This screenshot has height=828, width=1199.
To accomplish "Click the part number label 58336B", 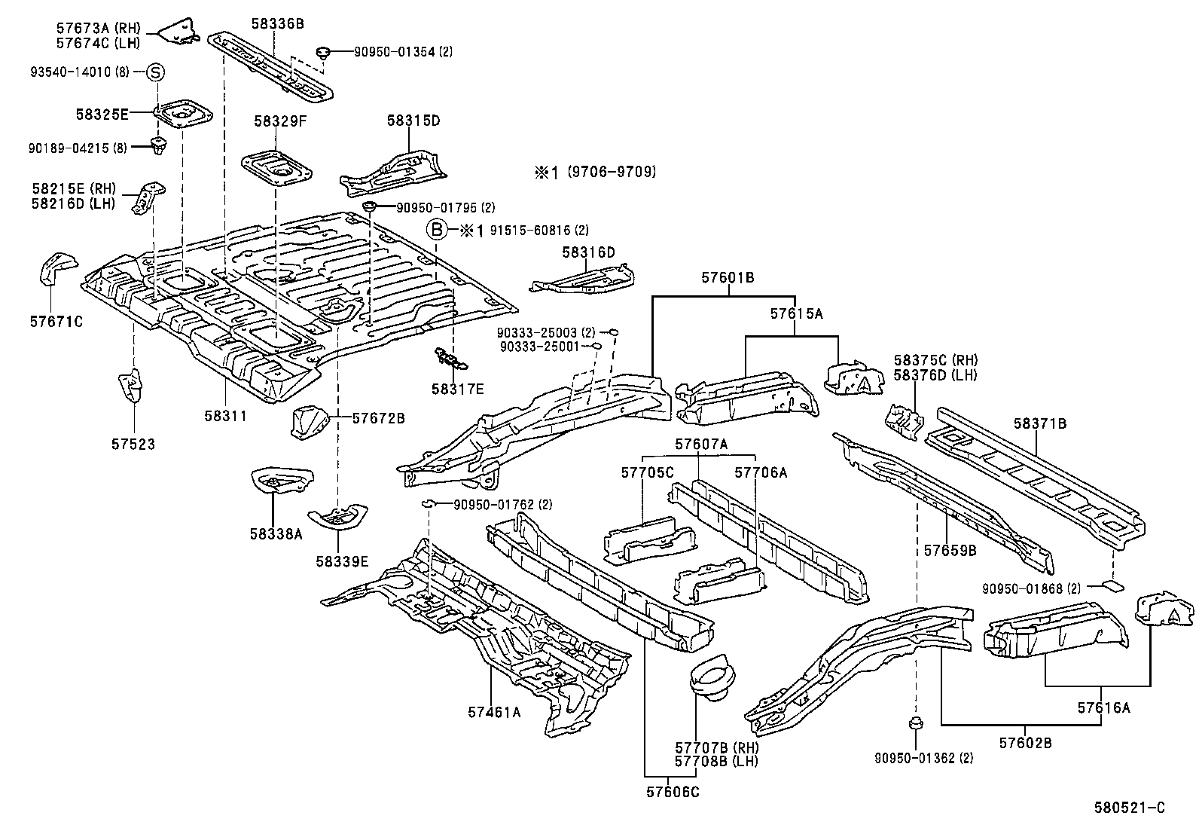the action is click(x=277, y=23).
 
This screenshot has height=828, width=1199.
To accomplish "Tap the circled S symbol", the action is click(x=155, y=72).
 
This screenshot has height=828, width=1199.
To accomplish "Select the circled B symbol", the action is click(x=436, y=231).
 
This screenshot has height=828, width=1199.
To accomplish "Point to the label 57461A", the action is click(x=494, y=712).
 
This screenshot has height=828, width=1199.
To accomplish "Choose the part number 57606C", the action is click(x=673, y=792).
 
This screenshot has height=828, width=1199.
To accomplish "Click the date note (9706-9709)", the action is click(x=612, y=172).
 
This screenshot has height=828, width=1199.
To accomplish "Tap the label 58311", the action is click(x=225, y=416).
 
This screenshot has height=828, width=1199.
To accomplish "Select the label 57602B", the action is click(x=1025, y=743).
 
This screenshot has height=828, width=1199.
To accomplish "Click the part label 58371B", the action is click(x=1039, y=423).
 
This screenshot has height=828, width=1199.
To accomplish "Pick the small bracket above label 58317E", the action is click(x=450, y=359).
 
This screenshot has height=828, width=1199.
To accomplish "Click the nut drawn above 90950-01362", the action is click(x=915, y=723).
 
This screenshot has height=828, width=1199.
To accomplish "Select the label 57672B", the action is click(x=378, y=418).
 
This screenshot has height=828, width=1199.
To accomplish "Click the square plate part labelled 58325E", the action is click(x=183, y=113).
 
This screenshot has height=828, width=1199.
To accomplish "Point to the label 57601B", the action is click(x=728, y=277).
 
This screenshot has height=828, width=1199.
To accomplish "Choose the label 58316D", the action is click(x=588, y=252).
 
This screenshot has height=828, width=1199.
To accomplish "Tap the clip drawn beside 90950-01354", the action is click(x=322, y=53).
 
